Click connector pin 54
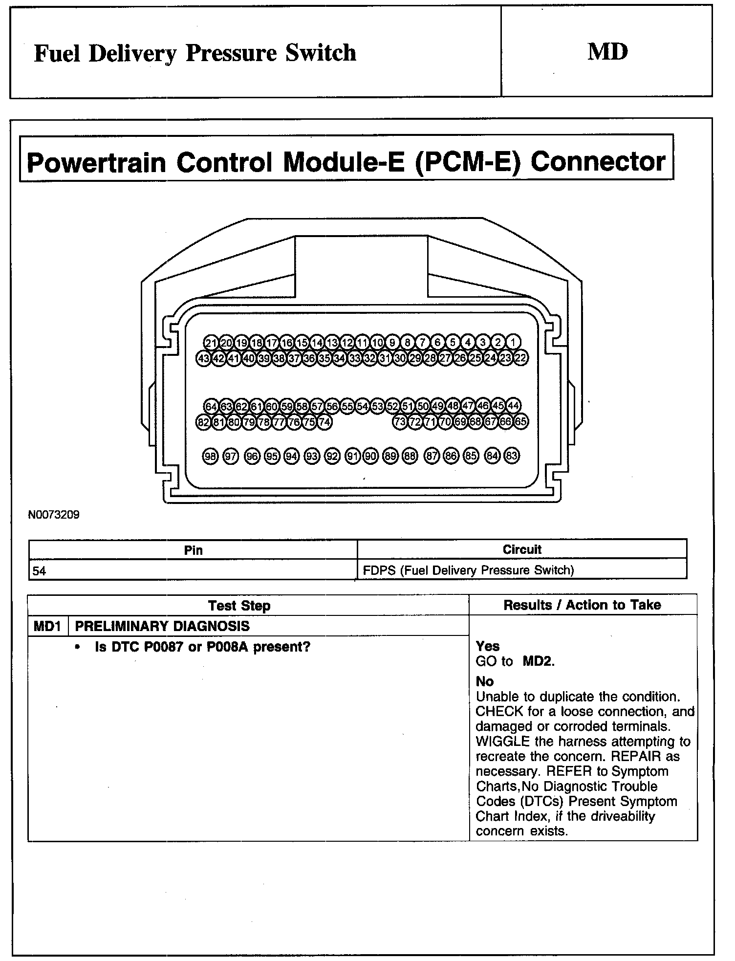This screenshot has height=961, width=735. pyautogui.click(x=362, y=406)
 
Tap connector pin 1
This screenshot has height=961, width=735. pyautogui.click(x=513, y=342)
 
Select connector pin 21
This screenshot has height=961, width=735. pyautogui.click(x=211, y=342)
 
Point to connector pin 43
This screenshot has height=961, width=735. pyautogui.click(x=203, y=358)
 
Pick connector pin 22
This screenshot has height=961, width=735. pyautogui.click(x=521, y=358)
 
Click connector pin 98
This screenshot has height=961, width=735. pyautogui.click(x=210, y=456)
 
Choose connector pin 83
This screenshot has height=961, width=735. pyautogui.click(x=512, y=456)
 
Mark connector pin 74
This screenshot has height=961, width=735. pyautogui.click(x=324, y=422)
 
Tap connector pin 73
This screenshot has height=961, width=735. pyautogui.click(x=400, y=422)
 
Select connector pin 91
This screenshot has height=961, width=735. pyautogui.click(x=352, y=456)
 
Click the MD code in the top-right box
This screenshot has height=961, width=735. pyautogui.click(x=607, y=52)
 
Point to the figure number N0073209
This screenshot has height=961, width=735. pyautogui.click(x=54, y=515)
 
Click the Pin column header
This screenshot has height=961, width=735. pyautogui.click(x=193, y=550)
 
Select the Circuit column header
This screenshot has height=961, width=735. pyautogui.click(x=522, y=549)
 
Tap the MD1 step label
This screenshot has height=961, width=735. pyautogui.click(x=47, y=626)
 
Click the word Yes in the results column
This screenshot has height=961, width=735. pyautogui.click(x=488, y=646)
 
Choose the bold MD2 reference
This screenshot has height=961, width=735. pyautogui.click(x=539, y=661)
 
